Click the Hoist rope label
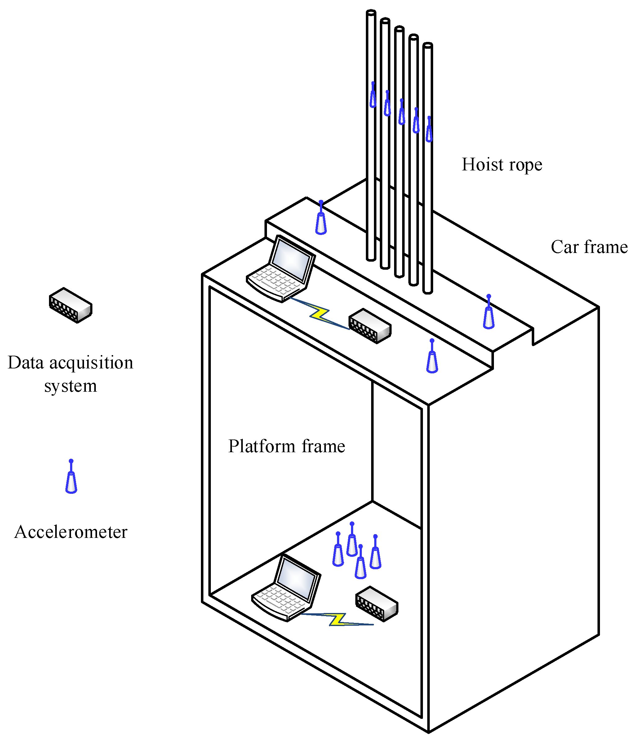click(502, 165)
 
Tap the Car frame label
click(589, 247)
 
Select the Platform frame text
click(286, 446)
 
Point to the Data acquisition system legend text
click(71, 373)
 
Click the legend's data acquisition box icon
click(71, 305)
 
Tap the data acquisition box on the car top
click(370, 326)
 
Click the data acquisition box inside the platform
click(377, 604)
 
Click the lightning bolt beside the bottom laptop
click(337, 620)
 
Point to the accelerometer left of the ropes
click(321, 220)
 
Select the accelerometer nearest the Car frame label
click(489, 314)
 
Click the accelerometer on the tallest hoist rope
click(373, 96)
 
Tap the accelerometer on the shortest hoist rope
click(429, 131)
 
